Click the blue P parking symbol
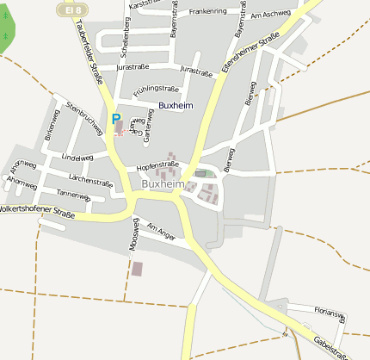pyautogui.click(x=116, y=119)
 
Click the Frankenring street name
pyautogui.click(x=207, y=12)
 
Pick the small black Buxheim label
pyautogui.click(x=176, y=105)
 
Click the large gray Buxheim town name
pyautogui.click(x=163, y=184)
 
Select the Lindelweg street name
pyautogui.click(x=77, y=158)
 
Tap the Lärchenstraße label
pyautogui.click(x=90, y=183)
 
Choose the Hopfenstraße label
pyautogui.click(x=157, y=164)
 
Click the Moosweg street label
pyautogui.click(x=133, y=233)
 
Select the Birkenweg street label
pyautogui.click(x=50, y=131)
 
